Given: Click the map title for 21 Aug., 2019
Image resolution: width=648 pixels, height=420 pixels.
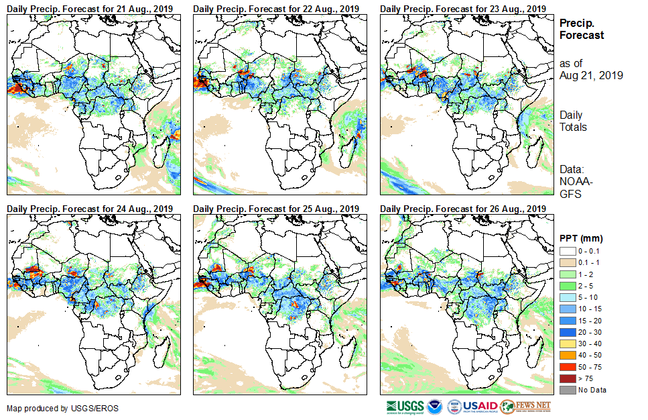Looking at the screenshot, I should point(90,8).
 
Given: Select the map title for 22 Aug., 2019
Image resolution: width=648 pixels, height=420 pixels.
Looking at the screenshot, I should point(277,8).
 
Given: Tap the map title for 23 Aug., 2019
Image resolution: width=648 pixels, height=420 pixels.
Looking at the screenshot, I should point(462,8).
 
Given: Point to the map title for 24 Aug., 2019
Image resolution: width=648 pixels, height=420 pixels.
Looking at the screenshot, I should point(90,208).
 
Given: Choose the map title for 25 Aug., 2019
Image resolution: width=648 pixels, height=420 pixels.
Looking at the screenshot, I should point(277,208).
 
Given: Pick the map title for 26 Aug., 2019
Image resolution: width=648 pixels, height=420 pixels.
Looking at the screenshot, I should point(462,208).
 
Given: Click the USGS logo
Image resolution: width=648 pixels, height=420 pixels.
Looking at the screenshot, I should point(405,407).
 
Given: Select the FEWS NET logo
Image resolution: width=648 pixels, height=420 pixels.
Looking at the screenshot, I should point(525,407).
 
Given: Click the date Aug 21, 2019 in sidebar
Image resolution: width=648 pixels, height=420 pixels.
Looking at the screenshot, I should point(591,76).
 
